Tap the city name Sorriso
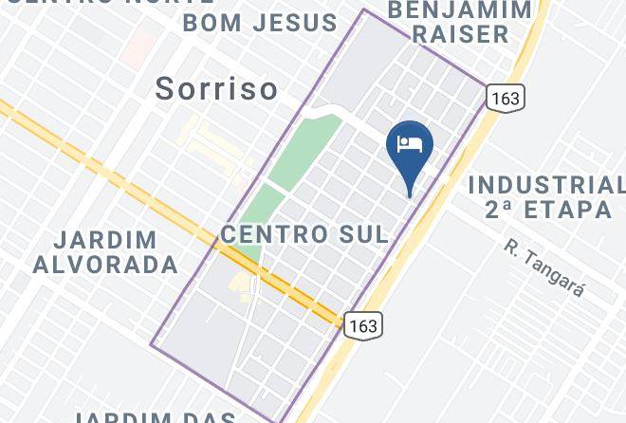tap(217, 89)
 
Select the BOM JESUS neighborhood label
tap(260, 22)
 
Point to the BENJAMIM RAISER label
tap(460, 23)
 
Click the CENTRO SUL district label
tap(304, 234)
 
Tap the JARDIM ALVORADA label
tap(105, 251)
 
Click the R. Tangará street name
tap(543, 268)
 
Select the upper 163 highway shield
tap(505, 97)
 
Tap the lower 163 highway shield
tap(362, 325)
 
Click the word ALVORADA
tap(105, 265)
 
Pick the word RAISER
tap(460, 34)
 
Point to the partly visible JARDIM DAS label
tap(156, 416)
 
